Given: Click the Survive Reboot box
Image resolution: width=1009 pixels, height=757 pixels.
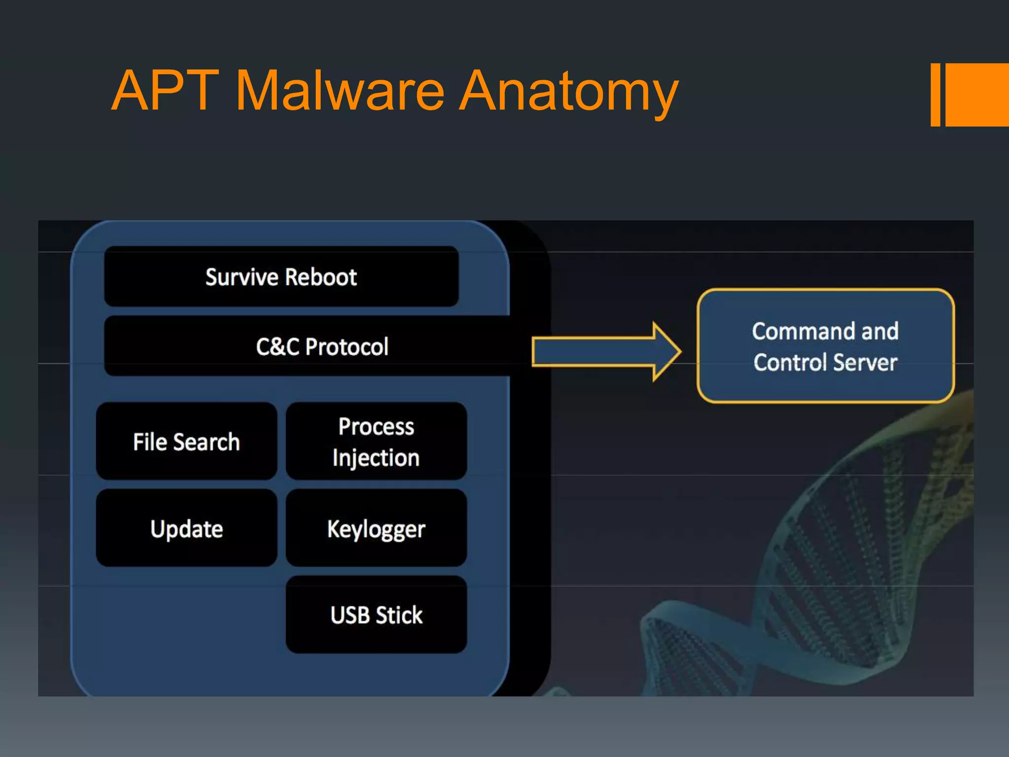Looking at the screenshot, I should click(281, 276).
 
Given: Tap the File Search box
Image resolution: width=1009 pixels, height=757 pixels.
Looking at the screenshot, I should click(186, 441).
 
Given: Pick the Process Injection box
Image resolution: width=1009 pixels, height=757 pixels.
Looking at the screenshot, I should click(376, 441).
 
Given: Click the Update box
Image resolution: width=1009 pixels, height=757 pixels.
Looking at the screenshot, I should click(186, 528).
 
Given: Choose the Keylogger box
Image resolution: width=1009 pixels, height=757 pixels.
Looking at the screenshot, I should click(376, 528).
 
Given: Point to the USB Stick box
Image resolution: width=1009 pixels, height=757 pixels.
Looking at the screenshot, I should click(376, 615).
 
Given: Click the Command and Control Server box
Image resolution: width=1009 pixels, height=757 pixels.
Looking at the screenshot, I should click(826, 346).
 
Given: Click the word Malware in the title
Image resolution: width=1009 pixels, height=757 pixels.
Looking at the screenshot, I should click(340, 91).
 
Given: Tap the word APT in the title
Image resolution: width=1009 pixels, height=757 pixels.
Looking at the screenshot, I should click(166, 91).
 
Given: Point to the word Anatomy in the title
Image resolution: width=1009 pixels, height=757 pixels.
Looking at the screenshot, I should click(569, 91).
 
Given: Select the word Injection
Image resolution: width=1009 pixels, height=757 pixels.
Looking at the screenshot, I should click(376, 458).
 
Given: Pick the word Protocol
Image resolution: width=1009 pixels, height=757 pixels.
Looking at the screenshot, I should click(347, 346).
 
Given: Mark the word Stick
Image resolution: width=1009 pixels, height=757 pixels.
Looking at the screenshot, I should click(400, 615).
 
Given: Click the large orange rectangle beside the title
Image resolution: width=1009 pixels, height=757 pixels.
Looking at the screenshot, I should click(977, 95).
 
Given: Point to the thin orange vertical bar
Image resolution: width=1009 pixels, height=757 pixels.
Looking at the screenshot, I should click(936, 95).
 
